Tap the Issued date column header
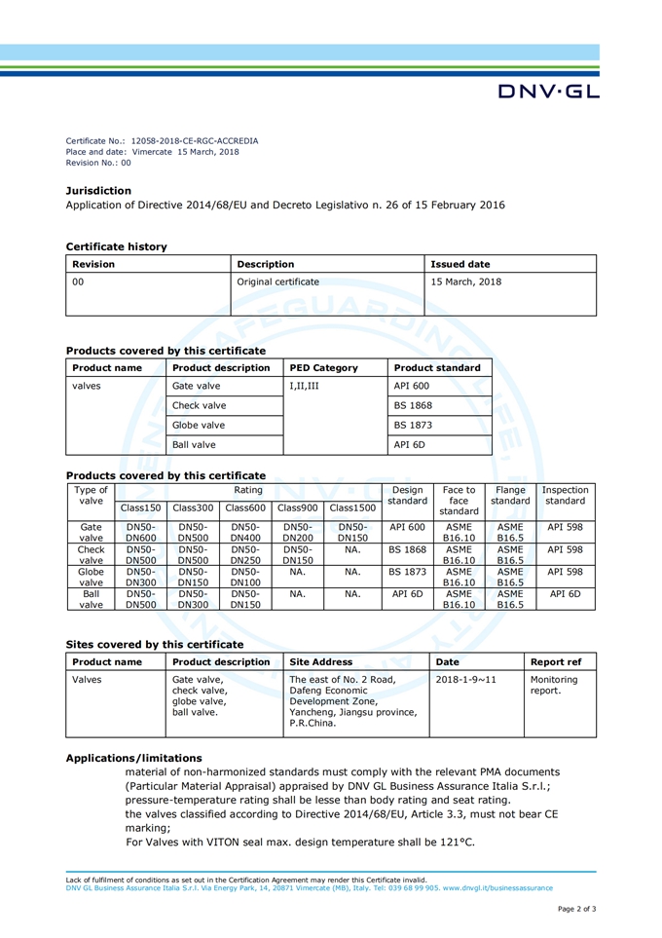[x=460, y=263]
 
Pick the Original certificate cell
[x=277, y=282]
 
